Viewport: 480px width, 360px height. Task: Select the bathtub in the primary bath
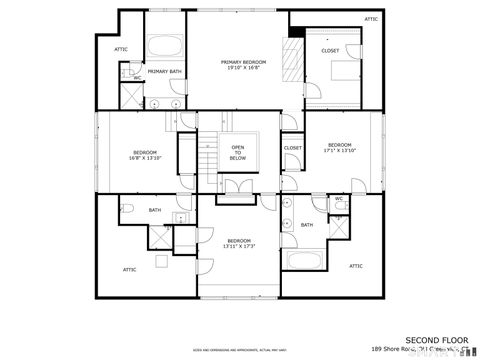[x=163, y=48]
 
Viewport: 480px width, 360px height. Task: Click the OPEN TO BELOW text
[x=238, y=152]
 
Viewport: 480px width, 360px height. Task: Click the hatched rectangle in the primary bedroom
[x=292, y=65]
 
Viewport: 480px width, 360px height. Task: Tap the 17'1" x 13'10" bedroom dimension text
[x=339, y=151]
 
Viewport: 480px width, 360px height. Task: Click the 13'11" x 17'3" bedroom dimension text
[x=238, y=246]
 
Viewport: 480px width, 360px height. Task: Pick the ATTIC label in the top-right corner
[x=371, y=19]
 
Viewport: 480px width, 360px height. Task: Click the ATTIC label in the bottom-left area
[x=130, y=270]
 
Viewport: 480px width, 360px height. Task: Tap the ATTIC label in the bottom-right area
[x=356, y=266]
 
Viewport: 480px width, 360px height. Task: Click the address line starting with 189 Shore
[x=420, y=350]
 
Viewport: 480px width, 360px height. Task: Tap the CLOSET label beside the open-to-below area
[x=293, y=148]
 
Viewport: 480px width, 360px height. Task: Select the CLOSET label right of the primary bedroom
[x=330, y=51]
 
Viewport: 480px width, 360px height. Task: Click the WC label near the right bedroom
[x=339, y=198]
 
